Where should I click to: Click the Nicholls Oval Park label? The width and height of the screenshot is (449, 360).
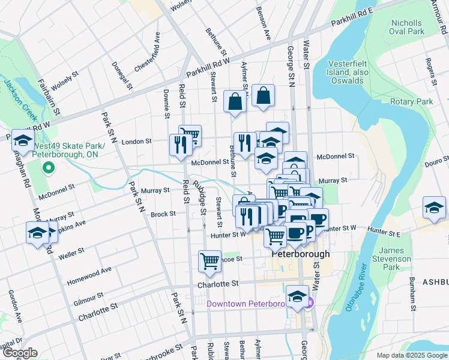(x=406, y=27)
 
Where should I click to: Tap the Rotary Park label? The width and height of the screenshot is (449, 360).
(x=411, y=102)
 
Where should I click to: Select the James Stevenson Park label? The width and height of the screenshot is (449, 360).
(x=396, y=259)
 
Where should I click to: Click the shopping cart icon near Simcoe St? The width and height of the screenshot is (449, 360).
(x=209, y=261)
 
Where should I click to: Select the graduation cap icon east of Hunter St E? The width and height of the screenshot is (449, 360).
(x=433, y=207)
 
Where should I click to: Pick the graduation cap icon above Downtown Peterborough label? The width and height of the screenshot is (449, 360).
(x=297, y=296)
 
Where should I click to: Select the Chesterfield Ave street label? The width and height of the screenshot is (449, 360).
(x=148, y=53)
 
